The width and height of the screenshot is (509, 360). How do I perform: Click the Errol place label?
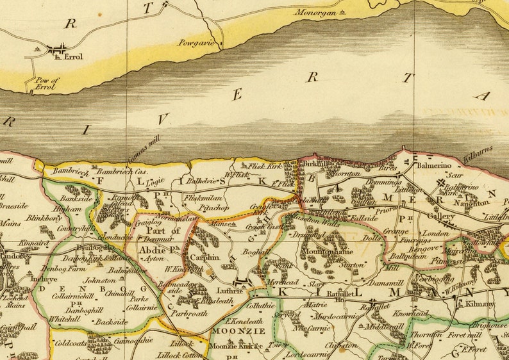[74, 57]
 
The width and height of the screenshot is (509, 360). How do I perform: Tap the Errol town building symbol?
[58, 49]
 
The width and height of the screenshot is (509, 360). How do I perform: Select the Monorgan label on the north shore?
[315, 12]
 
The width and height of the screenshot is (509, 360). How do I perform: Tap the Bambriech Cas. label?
[122, 172]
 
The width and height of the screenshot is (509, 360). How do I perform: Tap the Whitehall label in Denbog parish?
[64, 318]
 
